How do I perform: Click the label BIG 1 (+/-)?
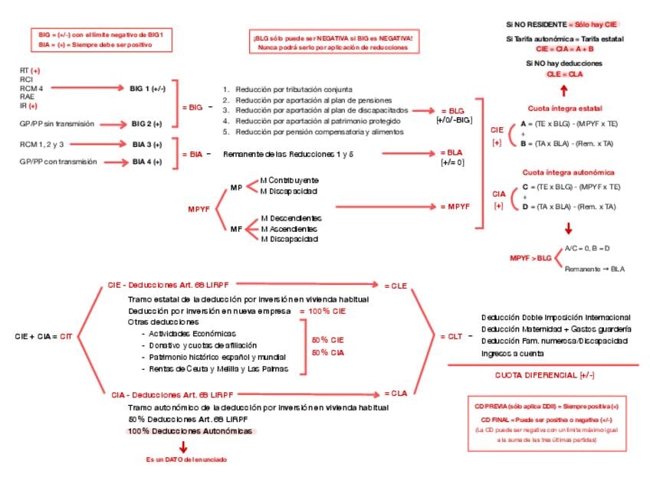tap(148, 89)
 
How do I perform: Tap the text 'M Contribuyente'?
tap(289, 180)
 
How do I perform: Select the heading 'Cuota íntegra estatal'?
tap(566, 109)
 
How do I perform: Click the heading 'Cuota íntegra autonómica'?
tap(565, 173)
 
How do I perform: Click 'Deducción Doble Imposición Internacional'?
tap(556, 317)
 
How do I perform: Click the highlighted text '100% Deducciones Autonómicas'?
tap(190, 432)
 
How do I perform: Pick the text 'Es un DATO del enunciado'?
tap(186, 459)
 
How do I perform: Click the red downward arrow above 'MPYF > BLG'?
tap(568, 228)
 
